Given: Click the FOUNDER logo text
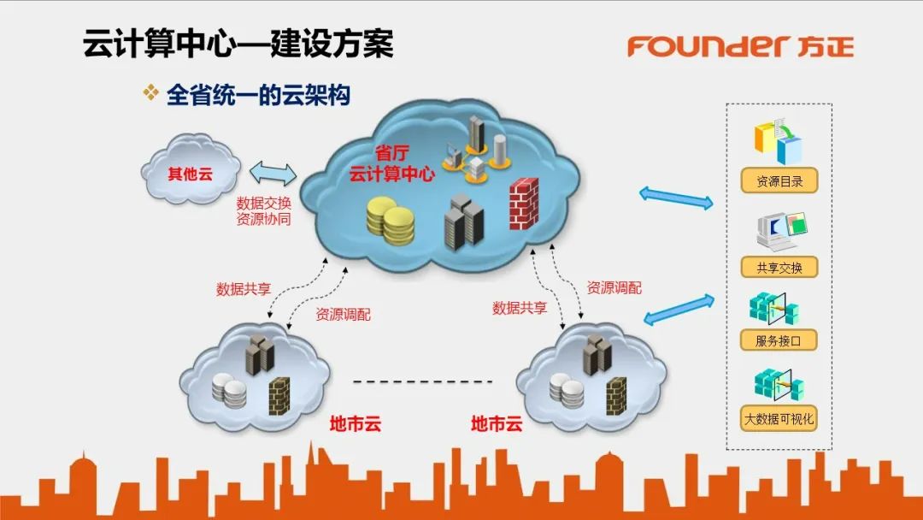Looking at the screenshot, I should [705, 45].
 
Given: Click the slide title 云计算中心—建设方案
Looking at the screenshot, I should [238, 44].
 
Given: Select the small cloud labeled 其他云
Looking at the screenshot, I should [190, 174].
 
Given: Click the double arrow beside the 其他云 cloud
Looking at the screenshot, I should [273, 174].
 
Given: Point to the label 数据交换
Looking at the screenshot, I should [264, 204].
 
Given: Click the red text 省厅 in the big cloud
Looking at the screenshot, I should [392, 154].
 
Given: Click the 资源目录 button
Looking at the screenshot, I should [779, 181].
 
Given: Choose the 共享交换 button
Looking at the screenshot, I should [779, 267].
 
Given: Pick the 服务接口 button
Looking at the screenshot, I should [779, 340].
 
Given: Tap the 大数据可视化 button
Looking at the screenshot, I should [779, 419].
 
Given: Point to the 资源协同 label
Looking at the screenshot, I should [264, 220].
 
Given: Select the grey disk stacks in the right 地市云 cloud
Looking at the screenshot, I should [566, 390].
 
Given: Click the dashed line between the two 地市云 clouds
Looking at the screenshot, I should [424, 381].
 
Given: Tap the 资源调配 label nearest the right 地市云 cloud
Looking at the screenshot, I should [614, 288].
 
